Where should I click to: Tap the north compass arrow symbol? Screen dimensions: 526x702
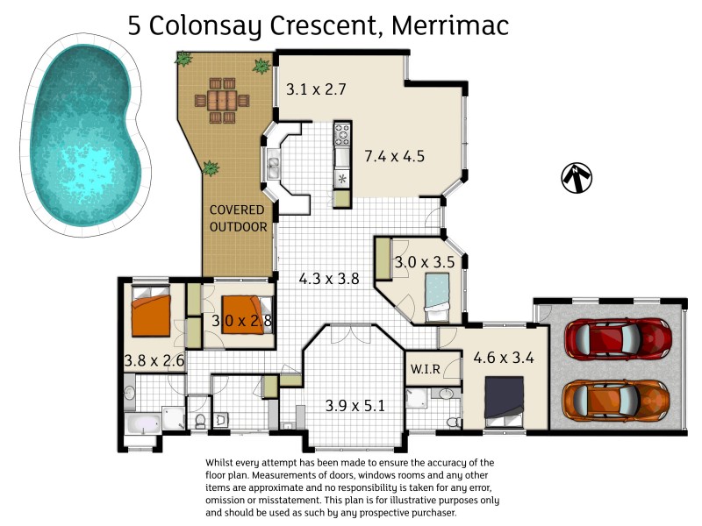(577, 177)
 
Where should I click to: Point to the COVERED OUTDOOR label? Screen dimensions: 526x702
(238, 218)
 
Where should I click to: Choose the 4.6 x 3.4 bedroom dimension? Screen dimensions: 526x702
(505, 358)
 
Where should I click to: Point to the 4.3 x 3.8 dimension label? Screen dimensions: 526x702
(329, 279)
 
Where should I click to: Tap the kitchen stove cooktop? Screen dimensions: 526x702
(342, 136)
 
